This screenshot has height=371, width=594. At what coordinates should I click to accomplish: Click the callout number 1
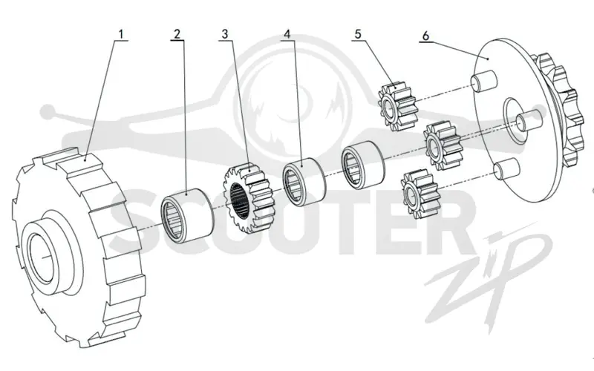[121, 34]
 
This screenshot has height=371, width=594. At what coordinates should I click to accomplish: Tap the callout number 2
[177, 34]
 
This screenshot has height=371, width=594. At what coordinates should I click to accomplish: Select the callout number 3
[225, 34]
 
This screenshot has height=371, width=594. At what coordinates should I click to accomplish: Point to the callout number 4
[287, 34]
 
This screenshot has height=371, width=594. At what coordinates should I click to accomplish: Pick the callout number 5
[358, 34]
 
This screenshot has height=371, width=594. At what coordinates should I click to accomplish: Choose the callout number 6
[425, 36]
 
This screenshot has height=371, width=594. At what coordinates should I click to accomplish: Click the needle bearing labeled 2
[187, 215]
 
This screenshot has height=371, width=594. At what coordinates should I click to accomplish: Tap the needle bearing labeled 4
[304, 182]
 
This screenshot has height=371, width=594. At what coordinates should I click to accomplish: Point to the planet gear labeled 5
[398, 107]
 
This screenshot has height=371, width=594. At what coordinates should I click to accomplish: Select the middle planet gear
[443, 145]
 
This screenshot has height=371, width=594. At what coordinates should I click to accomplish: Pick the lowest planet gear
[421, 194]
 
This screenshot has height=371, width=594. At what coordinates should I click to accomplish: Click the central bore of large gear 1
[40, 257]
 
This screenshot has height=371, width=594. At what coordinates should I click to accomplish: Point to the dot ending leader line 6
[489, 59]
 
